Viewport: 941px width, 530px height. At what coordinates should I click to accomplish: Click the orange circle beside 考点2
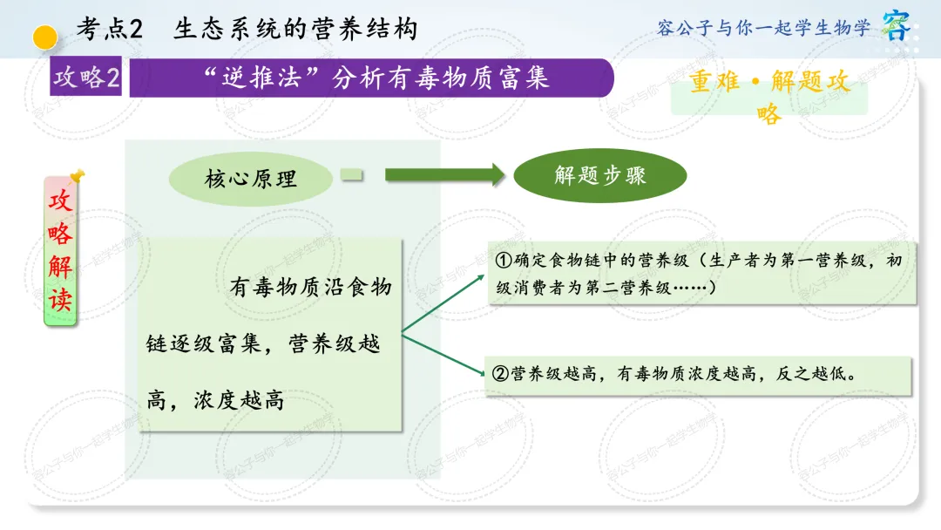click(45, 37)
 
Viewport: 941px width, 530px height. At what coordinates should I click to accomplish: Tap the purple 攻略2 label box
click(85, 76)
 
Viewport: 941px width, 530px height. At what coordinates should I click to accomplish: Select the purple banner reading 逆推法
click(371, 78)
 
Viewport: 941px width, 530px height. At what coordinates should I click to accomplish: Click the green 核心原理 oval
click(250, 179)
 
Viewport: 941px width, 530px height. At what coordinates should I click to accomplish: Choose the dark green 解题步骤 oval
click(600, 175)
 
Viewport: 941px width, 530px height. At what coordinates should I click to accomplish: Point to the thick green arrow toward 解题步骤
click(444, 174)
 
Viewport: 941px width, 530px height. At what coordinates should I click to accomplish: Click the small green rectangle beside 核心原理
click(352, 174)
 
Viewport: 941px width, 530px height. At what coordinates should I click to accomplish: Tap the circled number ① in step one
click(503, 261)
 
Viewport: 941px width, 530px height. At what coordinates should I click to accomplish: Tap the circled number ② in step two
click(500, 374)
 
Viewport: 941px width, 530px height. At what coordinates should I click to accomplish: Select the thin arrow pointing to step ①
click(443, 303)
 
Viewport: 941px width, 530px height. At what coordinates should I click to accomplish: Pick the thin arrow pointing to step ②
click(443, 355)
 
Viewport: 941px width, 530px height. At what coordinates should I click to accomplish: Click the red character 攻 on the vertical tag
click(60, 200)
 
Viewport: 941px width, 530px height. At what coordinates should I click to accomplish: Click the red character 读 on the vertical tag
click(60, 299)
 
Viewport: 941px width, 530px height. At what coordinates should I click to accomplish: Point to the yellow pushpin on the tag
click(78, 175)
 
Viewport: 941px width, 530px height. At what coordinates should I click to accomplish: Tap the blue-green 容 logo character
click(897, 25)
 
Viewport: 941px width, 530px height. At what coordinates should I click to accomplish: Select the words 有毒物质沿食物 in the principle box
click(311, 287)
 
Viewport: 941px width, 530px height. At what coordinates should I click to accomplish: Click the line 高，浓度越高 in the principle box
click(215, 400)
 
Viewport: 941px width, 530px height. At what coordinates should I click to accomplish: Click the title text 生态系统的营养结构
click(295, 29)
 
